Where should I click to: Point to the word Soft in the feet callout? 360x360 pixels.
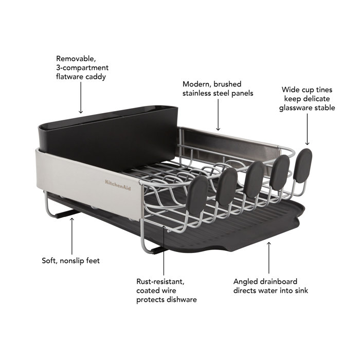coord(50,261)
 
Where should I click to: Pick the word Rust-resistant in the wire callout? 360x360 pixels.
coord(160,281)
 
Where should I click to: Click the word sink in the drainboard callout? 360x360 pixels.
coord(300,291)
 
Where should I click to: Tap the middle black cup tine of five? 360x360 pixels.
coord(254,178)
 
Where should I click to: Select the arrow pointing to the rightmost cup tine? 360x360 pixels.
coord(308,131)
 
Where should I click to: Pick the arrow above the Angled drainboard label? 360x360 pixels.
coord(268,257)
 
